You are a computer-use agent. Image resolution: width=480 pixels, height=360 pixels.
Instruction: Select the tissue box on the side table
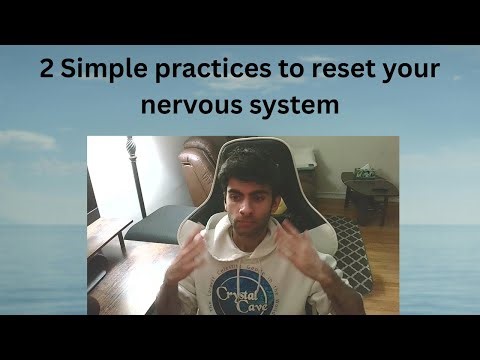[366, 173]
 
